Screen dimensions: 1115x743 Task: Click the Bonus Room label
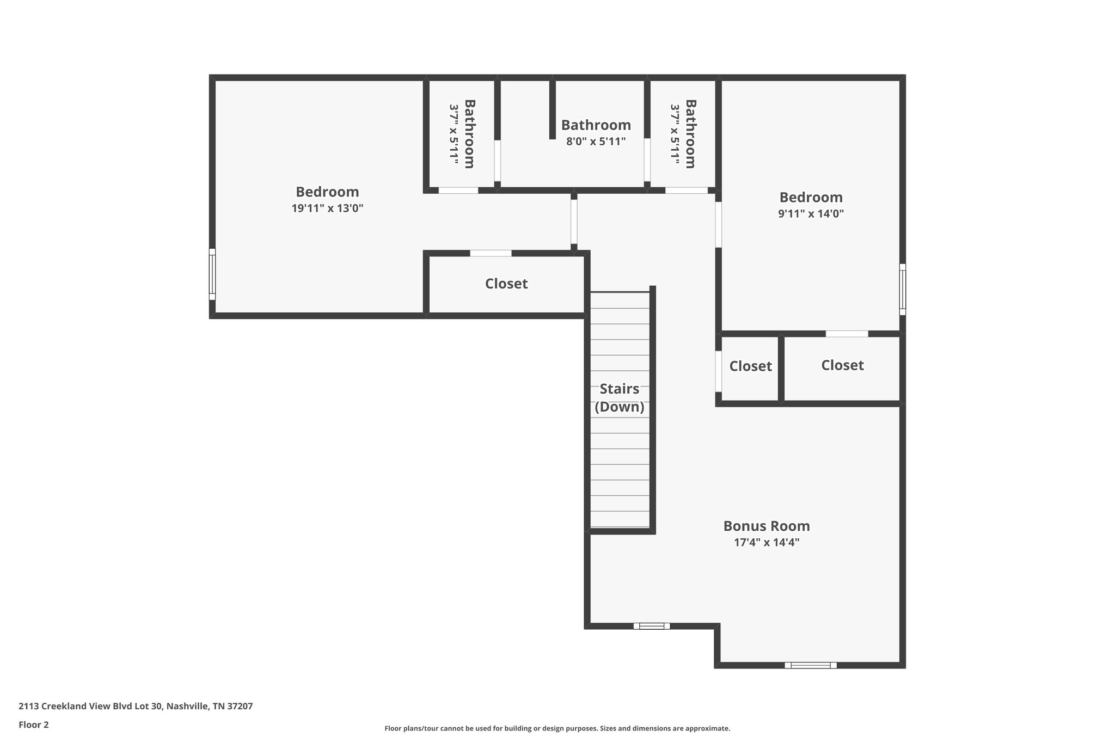point(767,526)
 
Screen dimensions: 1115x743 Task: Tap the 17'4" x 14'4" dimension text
point(767,542)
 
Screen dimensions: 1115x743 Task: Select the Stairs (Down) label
point(620,398)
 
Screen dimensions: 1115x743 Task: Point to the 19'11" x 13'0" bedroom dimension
point(327,208)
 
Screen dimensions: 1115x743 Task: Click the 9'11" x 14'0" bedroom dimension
point(811,213)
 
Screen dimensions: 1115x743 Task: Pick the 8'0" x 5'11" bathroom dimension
point(596,142)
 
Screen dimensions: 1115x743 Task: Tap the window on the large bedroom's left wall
point(212,274)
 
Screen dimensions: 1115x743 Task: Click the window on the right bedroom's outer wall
point(902,290)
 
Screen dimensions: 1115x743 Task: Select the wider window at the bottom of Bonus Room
point(811,665)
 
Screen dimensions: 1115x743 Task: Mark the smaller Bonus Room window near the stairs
point(652,626)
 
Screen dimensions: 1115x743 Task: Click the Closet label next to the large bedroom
point(506,284)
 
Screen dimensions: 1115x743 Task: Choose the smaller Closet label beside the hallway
point(751,366)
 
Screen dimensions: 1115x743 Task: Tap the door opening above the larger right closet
point(847,334)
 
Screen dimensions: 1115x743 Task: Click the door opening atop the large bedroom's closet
point(491,253)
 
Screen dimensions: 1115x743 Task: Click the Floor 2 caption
point(34,724)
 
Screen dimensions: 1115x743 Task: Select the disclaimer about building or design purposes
point(557,728)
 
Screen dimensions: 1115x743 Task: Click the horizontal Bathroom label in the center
point(596,125)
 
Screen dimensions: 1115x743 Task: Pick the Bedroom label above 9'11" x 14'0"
point(811,197)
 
